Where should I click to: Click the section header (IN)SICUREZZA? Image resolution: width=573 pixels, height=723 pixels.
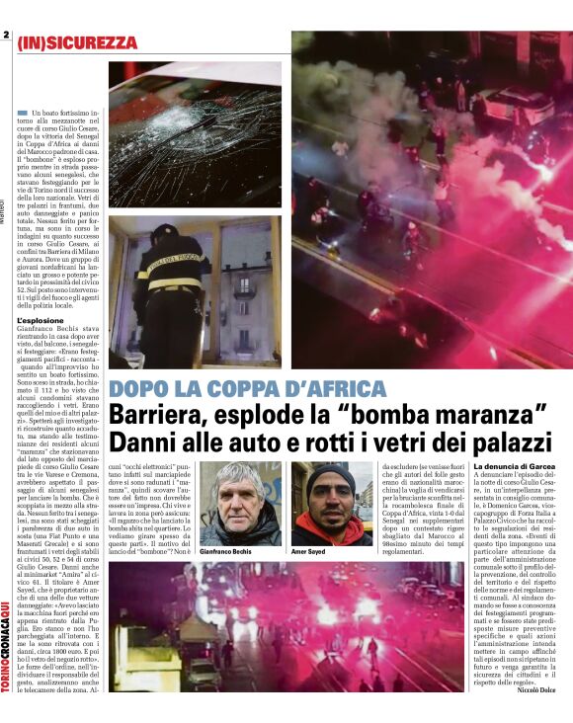[76, 43]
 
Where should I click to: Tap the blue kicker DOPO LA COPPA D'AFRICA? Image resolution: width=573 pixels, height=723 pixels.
[247, 389]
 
